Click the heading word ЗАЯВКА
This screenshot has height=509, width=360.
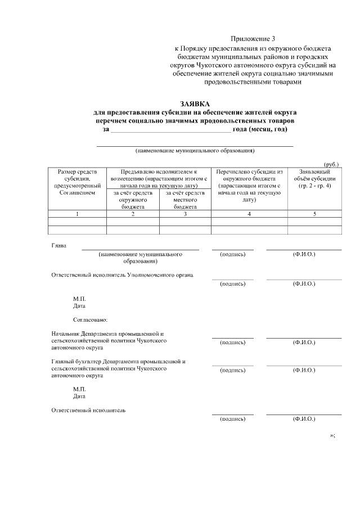click(x=195, y=103)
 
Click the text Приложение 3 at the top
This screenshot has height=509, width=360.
click(x=253, y=39)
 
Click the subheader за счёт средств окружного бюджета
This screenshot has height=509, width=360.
click(x=133, y=200)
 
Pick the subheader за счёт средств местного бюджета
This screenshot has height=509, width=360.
click(x=185, y=200)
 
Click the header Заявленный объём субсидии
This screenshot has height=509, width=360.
click(x=314, y=178)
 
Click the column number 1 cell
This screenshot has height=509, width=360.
click(x=77, y=214)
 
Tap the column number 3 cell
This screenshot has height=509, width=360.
click(x=185, y=214)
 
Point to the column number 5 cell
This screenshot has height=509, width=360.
click(x=314, y=214)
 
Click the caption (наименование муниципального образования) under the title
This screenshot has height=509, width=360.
click(x=195, y=151)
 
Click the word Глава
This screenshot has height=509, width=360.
click(x=58, y=246)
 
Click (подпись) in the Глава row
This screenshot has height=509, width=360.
click(x=232, y=254)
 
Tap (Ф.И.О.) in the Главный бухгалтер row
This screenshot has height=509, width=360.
click(x=304, y=370)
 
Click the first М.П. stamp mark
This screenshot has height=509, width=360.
click(x=79, y=298)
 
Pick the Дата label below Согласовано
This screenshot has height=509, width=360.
click(x=79, y=396)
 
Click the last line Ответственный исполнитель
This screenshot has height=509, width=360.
click(x=88, y=410)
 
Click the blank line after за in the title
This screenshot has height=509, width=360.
click(x=170, y=129)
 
